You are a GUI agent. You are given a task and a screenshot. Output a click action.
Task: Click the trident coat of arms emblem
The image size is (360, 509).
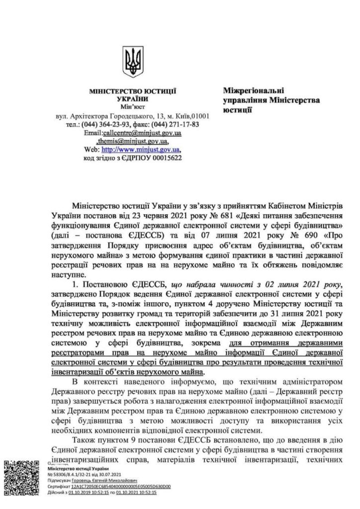[132, 61]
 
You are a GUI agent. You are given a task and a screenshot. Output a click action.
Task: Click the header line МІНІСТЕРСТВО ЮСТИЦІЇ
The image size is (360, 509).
[132, 92]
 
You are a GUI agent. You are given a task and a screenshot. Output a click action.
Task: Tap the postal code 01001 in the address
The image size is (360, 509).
[198, 116]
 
